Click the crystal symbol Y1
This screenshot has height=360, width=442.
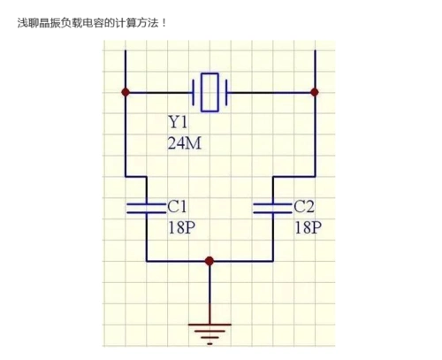pos(210,91)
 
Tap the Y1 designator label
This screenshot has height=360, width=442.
pos(179,122)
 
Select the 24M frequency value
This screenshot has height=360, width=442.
pos(185,142)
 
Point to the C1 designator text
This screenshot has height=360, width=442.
pos(178,206)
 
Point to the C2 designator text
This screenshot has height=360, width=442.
pos(304,206)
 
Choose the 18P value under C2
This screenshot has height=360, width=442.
pos(308,226)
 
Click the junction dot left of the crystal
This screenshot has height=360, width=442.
pos(126,91)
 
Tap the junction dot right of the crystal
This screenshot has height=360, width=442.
pos(315,91)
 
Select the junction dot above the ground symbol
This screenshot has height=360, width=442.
pos(209,261)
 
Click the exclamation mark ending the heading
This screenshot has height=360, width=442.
pos(164,20)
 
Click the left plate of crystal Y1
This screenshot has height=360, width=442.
pos(194,91)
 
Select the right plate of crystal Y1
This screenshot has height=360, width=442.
pos(226,91)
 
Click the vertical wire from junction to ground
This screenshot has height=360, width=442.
pos(209,292)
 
